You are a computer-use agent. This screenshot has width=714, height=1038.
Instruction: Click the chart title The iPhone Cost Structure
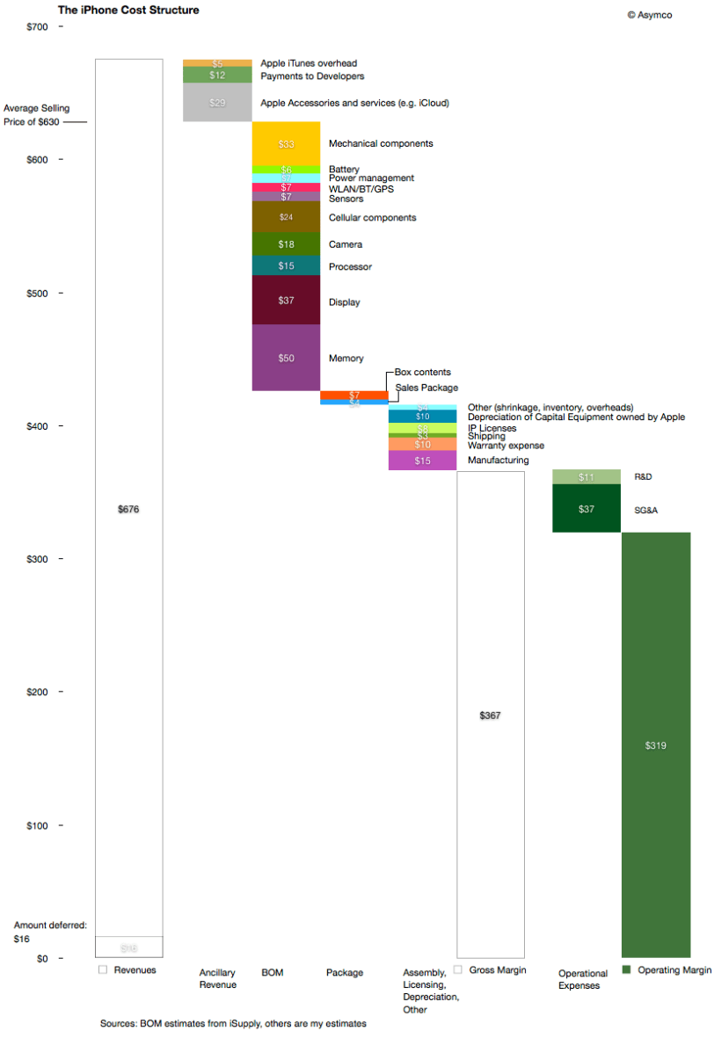(128, 11)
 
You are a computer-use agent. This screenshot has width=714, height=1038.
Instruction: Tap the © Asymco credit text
(649, 15)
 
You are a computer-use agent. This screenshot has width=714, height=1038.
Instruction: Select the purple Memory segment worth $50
(286, 358)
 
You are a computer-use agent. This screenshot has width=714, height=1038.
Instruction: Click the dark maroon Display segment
(286, 301)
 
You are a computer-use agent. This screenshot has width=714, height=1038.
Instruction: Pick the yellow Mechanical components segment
(286, 143)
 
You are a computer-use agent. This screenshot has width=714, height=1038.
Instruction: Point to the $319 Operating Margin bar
(655, 744)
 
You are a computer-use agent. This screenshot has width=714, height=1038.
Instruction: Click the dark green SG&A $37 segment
(586, 509)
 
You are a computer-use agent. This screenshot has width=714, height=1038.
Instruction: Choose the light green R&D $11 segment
(586, 476)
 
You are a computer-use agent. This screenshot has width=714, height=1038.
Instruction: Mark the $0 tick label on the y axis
(41, 958)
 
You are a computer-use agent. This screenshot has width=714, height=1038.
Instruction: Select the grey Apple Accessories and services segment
(217, 103)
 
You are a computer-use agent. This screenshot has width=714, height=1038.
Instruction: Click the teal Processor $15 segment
(286, 265)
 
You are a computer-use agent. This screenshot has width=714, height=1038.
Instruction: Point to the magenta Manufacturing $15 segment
(422, 461)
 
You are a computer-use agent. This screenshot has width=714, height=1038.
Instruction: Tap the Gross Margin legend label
(497, 969)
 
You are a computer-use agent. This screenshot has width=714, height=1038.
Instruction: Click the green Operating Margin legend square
(627, 969)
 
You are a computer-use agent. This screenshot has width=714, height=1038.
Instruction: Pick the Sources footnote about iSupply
(233, 1024)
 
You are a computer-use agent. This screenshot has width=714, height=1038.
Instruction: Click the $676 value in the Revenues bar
(128, 510)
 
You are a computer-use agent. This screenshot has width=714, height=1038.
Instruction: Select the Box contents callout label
(423, 373)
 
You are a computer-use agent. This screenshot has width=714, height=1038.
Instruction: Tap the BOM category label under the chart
(272, 973)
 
